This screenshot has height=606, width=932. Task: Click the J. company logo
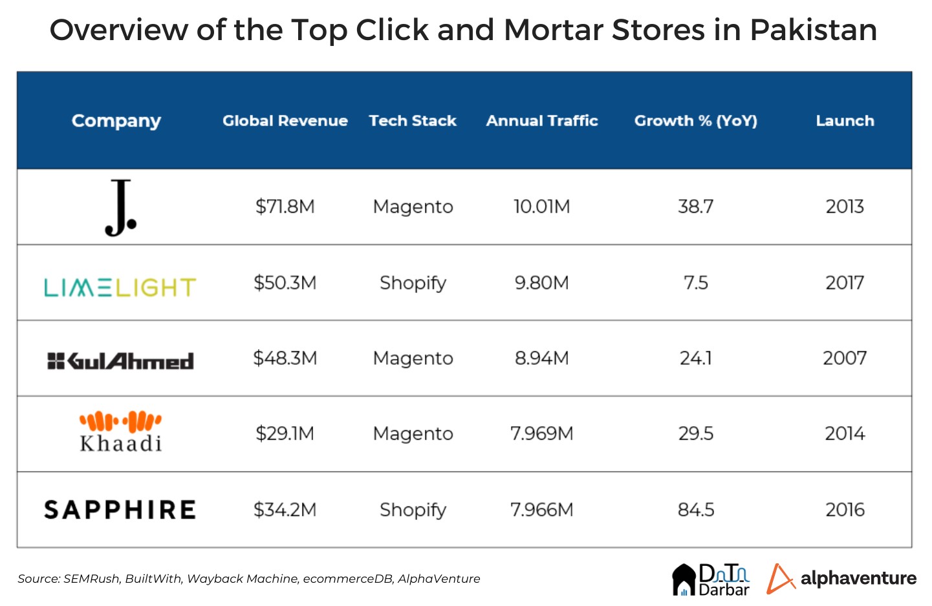[120, 208]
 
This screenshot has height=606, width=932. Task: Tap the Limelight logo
[120, 287]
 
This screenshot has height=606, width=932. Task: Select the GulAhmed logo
[120, 361]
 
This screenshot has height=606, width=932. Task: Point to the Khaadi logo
[120, 431]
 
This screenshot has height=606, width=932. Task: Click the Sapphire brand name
[120, 510]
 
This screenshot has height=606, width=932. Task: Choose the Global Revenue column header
[285, 121]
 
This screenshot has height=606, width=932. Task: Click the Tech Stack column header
[413, 121]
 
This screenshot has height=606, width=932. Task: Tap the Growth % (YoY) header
[695, 121]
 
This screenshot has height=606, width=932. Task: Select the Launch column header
[845, 121]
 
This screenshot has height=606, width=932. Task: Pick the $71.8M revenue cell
[285, 207]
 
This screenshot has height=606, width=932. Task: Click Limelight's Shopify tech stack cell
[413, 283]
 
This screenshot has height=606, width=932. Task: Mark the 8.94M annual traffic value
[541, 358]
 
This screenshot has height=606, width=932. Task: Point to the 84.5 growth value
[696, 510]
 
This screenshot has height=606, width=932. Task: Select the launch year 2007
[845, 358]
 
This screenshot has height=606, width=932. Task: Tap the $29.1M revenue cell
[285, 433]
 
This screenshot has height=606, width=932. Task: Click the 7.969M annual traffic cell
[541, 433]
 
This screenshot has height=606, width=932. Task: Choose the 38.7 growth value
[696, 207]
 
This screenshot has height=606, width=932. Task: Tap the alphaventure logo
[841, 578]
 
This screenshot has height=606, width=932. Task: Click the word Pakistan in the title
[813, 30]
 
